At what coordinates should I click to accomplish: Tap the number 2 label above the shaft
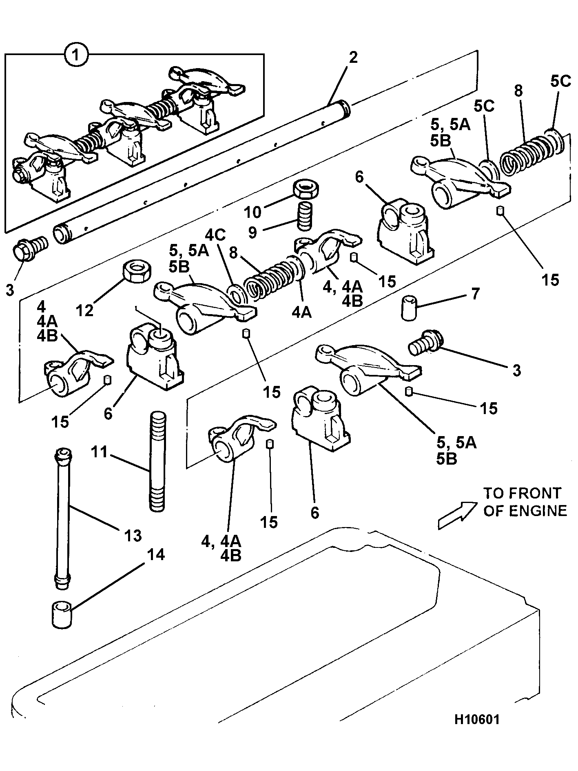353,58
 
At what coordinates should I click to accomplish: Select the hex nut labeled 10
306,189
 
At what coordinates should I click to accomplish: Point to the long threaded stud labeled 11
158,462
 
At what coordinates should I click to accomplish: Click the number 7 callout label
476,294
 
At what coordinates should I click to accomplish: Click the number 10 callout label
253,212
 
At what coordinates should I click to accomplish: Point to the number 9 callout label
253,233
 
